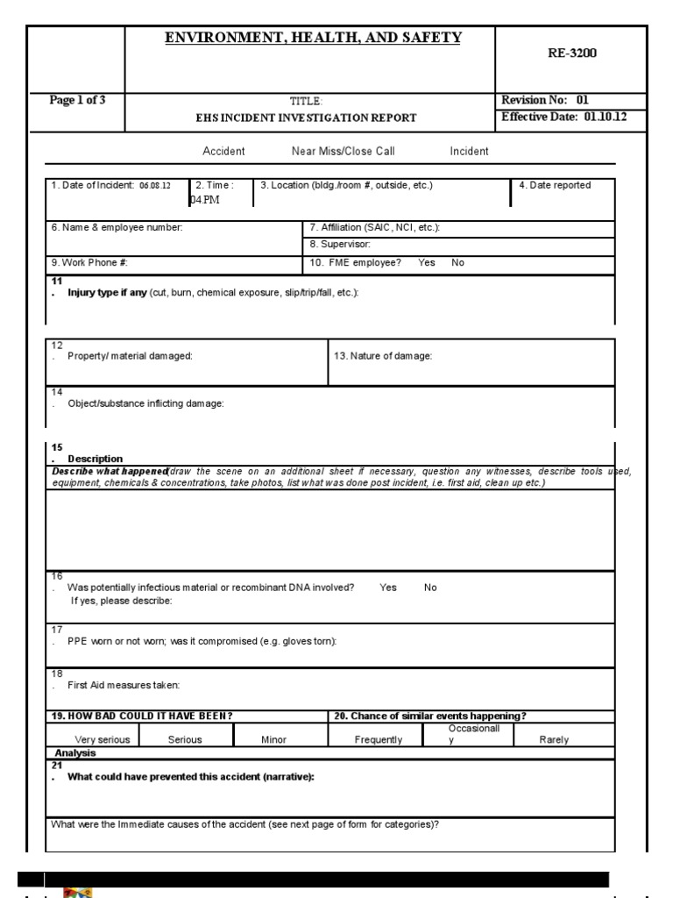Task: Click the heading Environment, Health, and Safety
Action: (313, 37)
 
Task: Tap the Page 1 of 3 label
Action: (78, 100)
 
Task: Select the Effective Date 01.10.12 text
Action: (563, 117)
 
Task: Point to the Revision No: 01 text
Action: (538, 100)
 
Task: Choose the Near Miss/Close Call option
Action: (343, 152)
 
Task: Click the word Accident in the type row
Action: (223, 152)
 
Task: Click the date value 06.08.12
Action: (154, 186)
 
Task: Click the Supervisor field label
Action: (339, 245)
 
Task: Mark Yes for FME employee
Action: (427, 262)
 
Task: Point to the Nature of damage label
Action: (383, 356)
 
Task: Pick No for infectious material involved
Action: (430, 588)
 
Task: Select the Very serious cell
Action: (103, 739)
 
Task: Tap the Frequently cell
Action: (379, 739)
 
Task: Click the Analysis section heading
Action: (75, 752)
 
